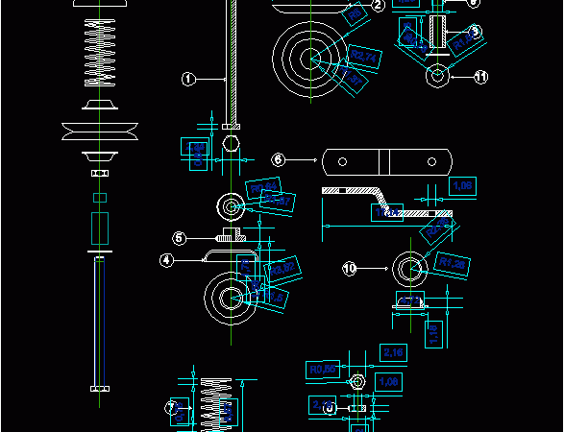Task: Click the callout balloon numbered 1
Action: (x=188, y=80)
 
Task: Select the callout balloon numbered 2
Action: (x=378, y=6)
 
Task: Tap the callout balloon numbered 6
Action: (x=279, y=159)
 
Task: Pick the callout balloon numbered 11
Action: (x=481, y=76)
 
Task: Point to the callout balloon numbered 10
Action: (x=350, y=268)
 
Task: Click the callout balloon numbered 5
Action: (x=180, y=238)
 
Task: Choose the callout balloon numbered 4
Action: (x=166, y=259)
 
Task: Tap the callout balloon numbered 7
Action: (x=171, y=408)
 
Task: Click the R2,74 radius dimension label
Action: (x=365, y=59)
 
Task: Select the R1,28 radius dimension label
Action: (x=453, y=263)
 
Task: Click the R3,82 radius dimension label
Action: (x=281, y=268)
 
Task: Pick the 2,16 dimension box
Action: (x=394, y=353)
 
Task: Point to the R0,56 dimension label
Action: (x=322, y=369)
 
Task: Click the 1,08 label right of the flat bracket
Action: (x=463, y=185)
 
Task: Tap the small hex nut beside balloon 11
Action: (x=437, y=75)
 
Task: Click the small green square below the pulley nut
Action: (x=98, y=198)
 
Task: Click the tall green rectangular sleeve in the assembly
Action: (x=99, y=228)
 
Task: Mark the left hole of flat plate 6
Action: (x=338, y=160)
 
